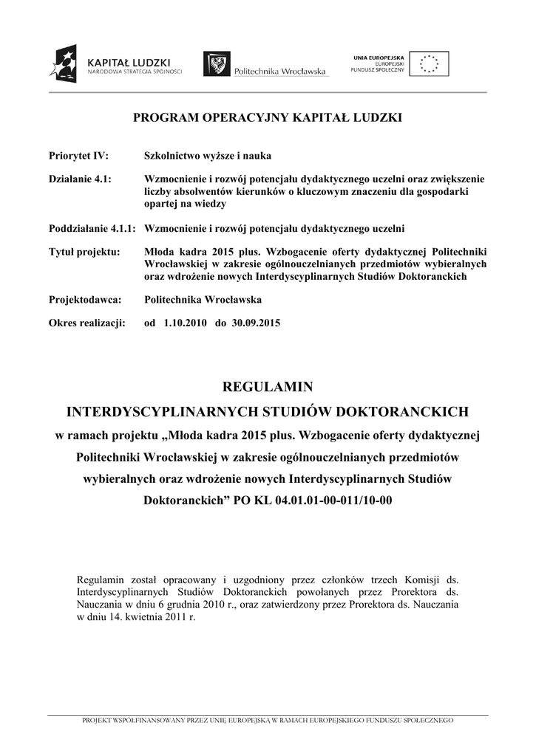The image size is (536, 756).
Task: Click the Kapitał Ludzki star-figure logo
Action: [x=62, y=63]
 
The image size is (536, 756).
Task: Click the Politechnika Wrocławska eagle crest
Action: [x=216, y=64]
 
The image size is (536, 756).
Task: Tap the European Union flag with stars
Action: [x=429, y=63]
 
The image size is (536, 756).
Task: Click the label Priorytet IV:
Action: [x=78, y=156]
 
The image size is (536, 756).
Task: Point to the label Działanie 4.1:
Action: [x=80, y=179]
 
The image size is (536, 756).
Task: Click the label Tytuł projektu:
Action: [x=84, y=251]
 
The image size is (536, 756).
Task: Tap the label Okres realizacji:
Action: [x=87, y=323]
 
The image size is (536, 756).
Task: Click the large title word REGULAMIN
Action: [x=268, y=388]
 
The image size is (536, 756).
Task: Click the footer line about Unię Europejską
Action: [x=268, y=720]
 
